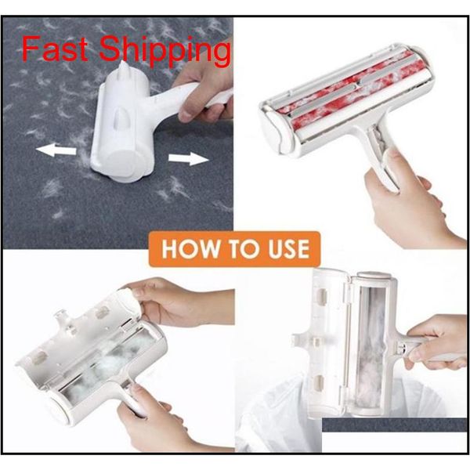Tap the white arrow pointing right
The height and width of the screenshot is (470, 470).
pos(188,158)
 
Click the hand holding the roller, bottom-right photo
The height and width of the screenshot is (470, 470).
pos(435,345)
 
